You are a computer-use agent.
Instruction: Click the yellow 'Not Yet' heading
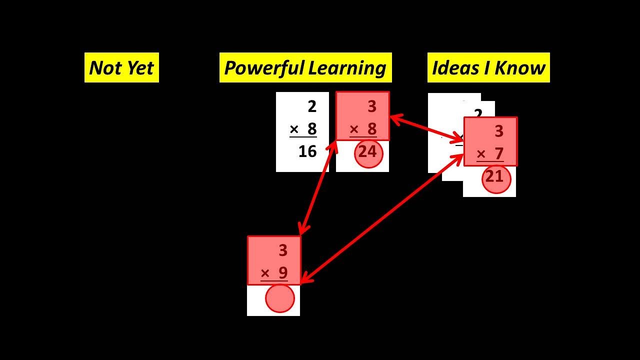tap(121, 67)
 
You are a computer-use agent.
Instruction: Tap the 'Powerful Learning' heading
tap(305, 67)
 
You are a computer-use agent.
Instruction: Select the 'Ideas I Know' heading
tap(488, 67)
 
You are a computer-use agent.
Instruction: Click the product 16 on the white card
tap(307, 151)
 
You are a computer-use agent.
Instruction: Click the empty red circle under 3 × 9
tap(280, 298)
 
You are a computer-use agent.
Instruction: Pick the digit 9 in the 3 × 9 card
tap(283, 273)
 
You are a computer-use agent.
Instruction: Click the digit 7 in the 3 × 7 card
tap(498, 153)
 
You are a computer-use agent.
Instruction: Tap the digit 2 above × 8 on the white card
tap(312, 106)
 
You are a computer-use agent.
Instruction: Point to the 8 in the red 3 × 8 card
tap(372, 129)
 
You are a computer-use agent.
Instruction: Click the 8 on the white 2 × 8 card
tap(312, 129)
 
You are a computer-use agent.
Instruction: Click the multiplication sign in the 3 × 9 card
tap(265, 273)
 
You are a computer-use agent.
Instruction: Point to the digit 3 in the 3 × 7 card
tap(498, 131)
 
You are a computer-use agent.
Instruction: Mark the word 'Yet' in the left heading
tap(140, 67)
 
